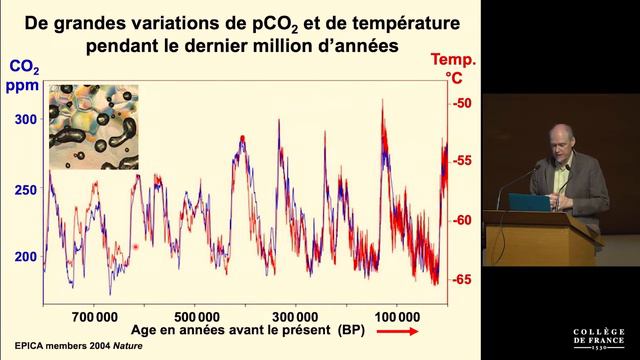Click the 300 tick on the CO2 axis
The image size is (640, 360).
click(x=24, y=119)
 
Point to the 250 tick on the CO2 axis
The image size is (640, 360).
click(x=24, y=190)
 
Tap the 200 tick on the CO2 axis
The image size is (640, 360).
click(x=24, y=257)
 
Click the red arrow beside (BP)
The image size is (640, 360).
click(x=398, y=330)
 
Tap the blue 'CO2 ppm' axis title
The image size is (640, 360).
click(x=24, y=75)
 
